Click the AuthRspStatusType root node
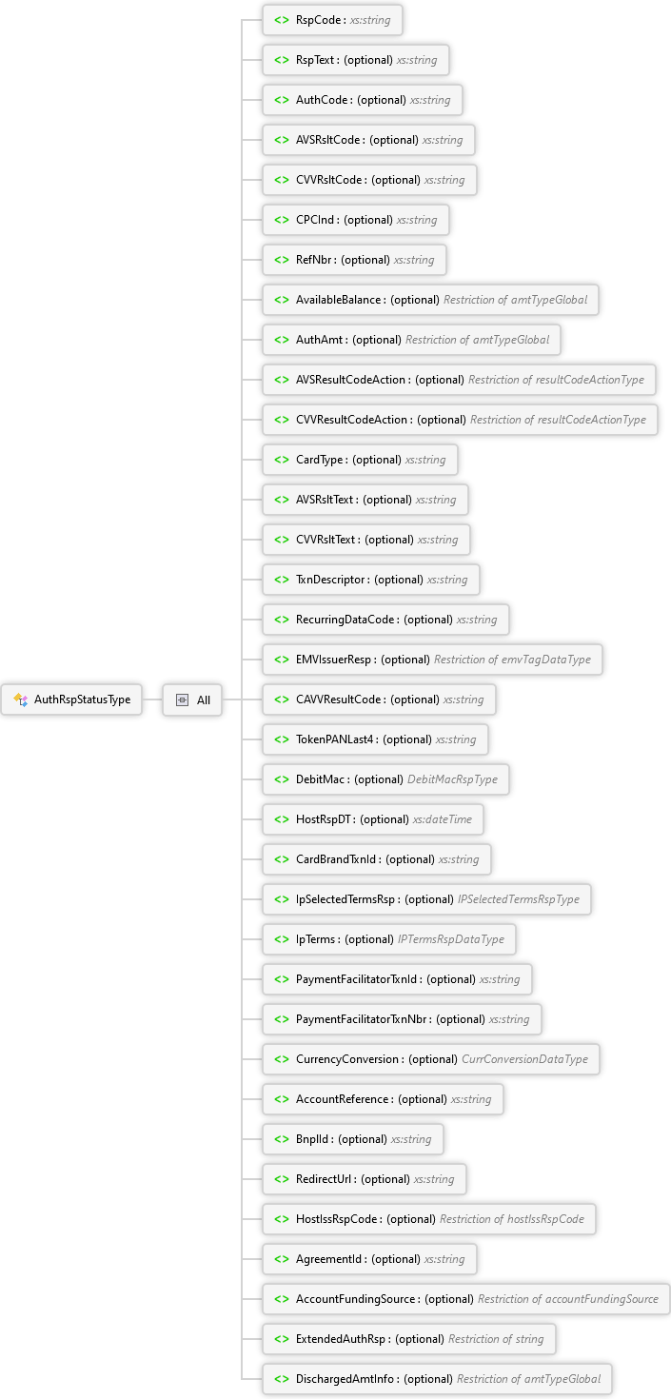(71, 699)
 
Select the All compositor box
(192, 699)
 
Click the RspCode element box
(332, 20)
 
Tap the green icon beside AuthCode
(282, 100)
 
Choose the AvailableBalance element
(430, 300)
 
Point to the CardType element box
(360, 460)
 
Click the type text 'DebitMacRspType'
(452, 779)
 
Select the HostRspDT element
(373, 819)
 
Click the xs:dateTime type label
(443, 819)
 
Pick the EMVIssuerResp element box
(432, 660)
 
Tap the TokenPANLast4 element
(376, 739)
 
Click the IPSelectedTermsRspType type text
(519, 899)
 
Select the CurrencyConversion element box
(431, 1059)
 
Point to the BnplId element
(353, 1139)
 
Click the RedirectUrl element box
(365, 1179)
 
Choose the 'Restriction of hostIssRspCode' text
(512, 1219)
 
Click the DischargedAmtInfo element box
(437, 1379)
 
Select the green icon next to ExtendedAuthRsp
(282, 1339)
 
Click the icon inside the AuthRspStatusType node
(21, 699)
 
